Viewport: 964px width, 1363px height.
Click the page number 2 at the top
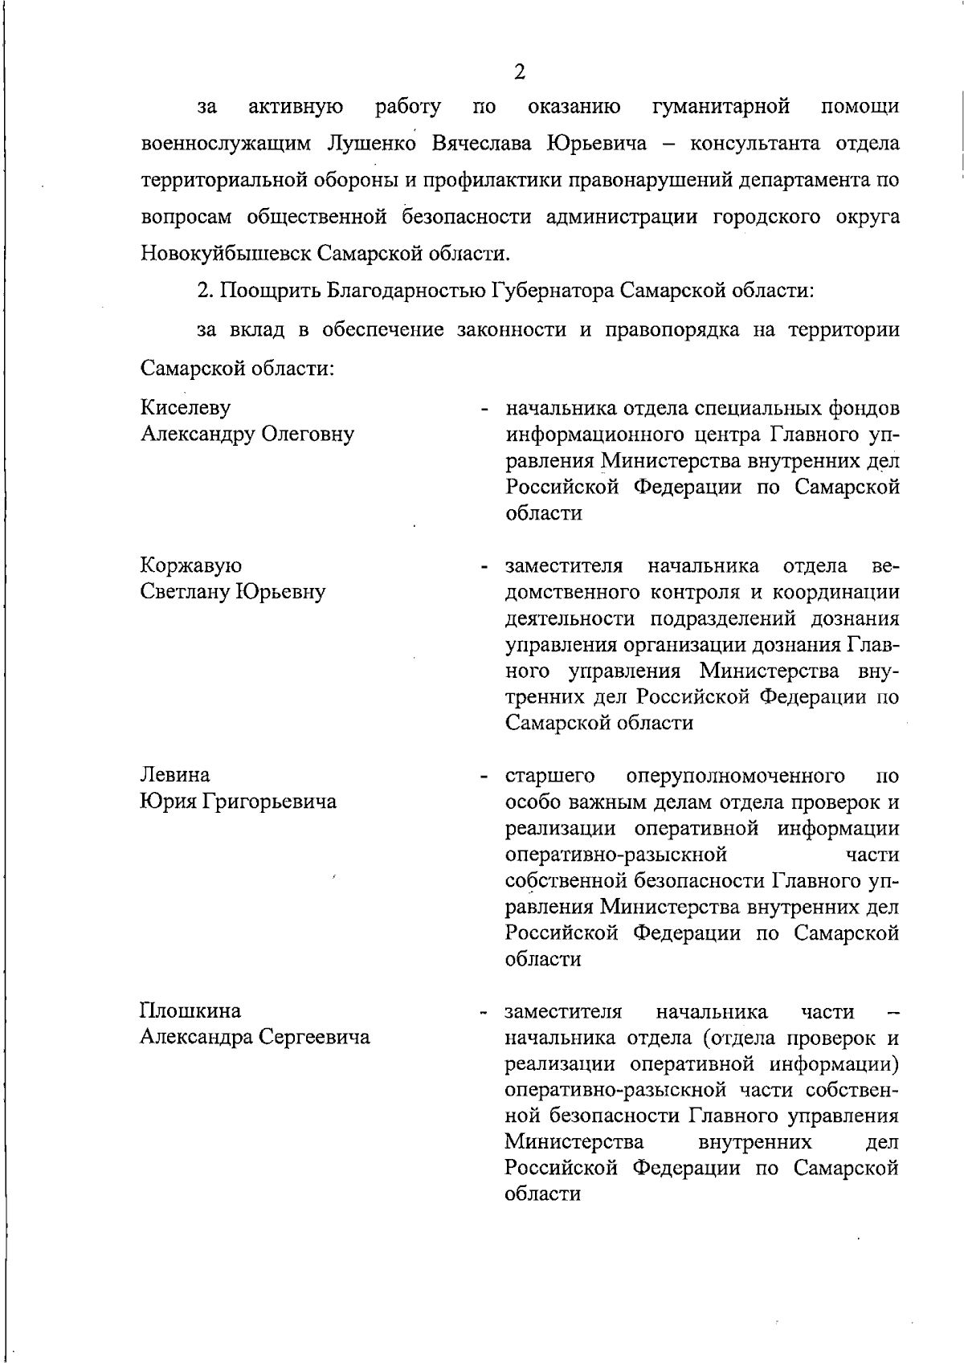pyautogui.click(x=519, y=72)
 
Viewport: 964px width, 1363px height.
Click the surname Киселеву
pyautogui.click(x=186, y=408)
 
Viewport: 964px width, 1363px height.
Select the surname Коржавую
pyautogui.click(x=191, y=566)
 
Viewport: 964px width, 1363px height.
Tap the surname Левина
pyautogui.click(x=175, y=776)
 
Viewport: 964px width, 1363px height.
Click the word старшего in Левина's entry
pyautogui.click(x=549, y=776)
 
